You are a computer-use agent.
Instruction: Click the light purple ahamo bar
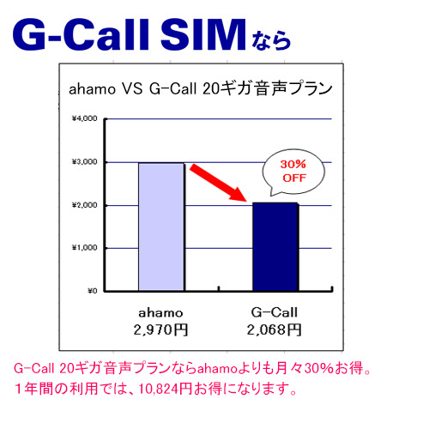pyautogui.click(x=160, y=227)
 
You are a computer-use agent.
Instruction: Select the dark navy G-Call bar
pyautogui.click(x=275, y=246)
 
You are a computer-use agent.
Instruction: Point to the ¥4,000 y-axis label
pyautogui.click(x=85, y=119)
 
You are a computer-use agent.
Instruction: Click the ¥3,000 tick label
pyautogui.click(x=85, y=162)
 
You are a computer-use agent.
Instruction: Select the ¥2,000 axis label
pyautogui.click(x=85, y=205)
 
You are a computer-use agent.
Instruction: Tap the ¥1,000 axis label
pyautogui.click(x=85, y=248)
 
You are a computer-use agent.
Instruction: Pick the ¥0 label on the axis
pyautogui.click(x=91, y=291)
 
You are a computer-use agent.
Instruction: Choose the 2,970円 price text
pyautogui.click(x=160, y=328)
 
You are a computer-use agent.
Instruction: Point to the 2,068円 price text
pyautogui.click(x=275, y=328)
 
